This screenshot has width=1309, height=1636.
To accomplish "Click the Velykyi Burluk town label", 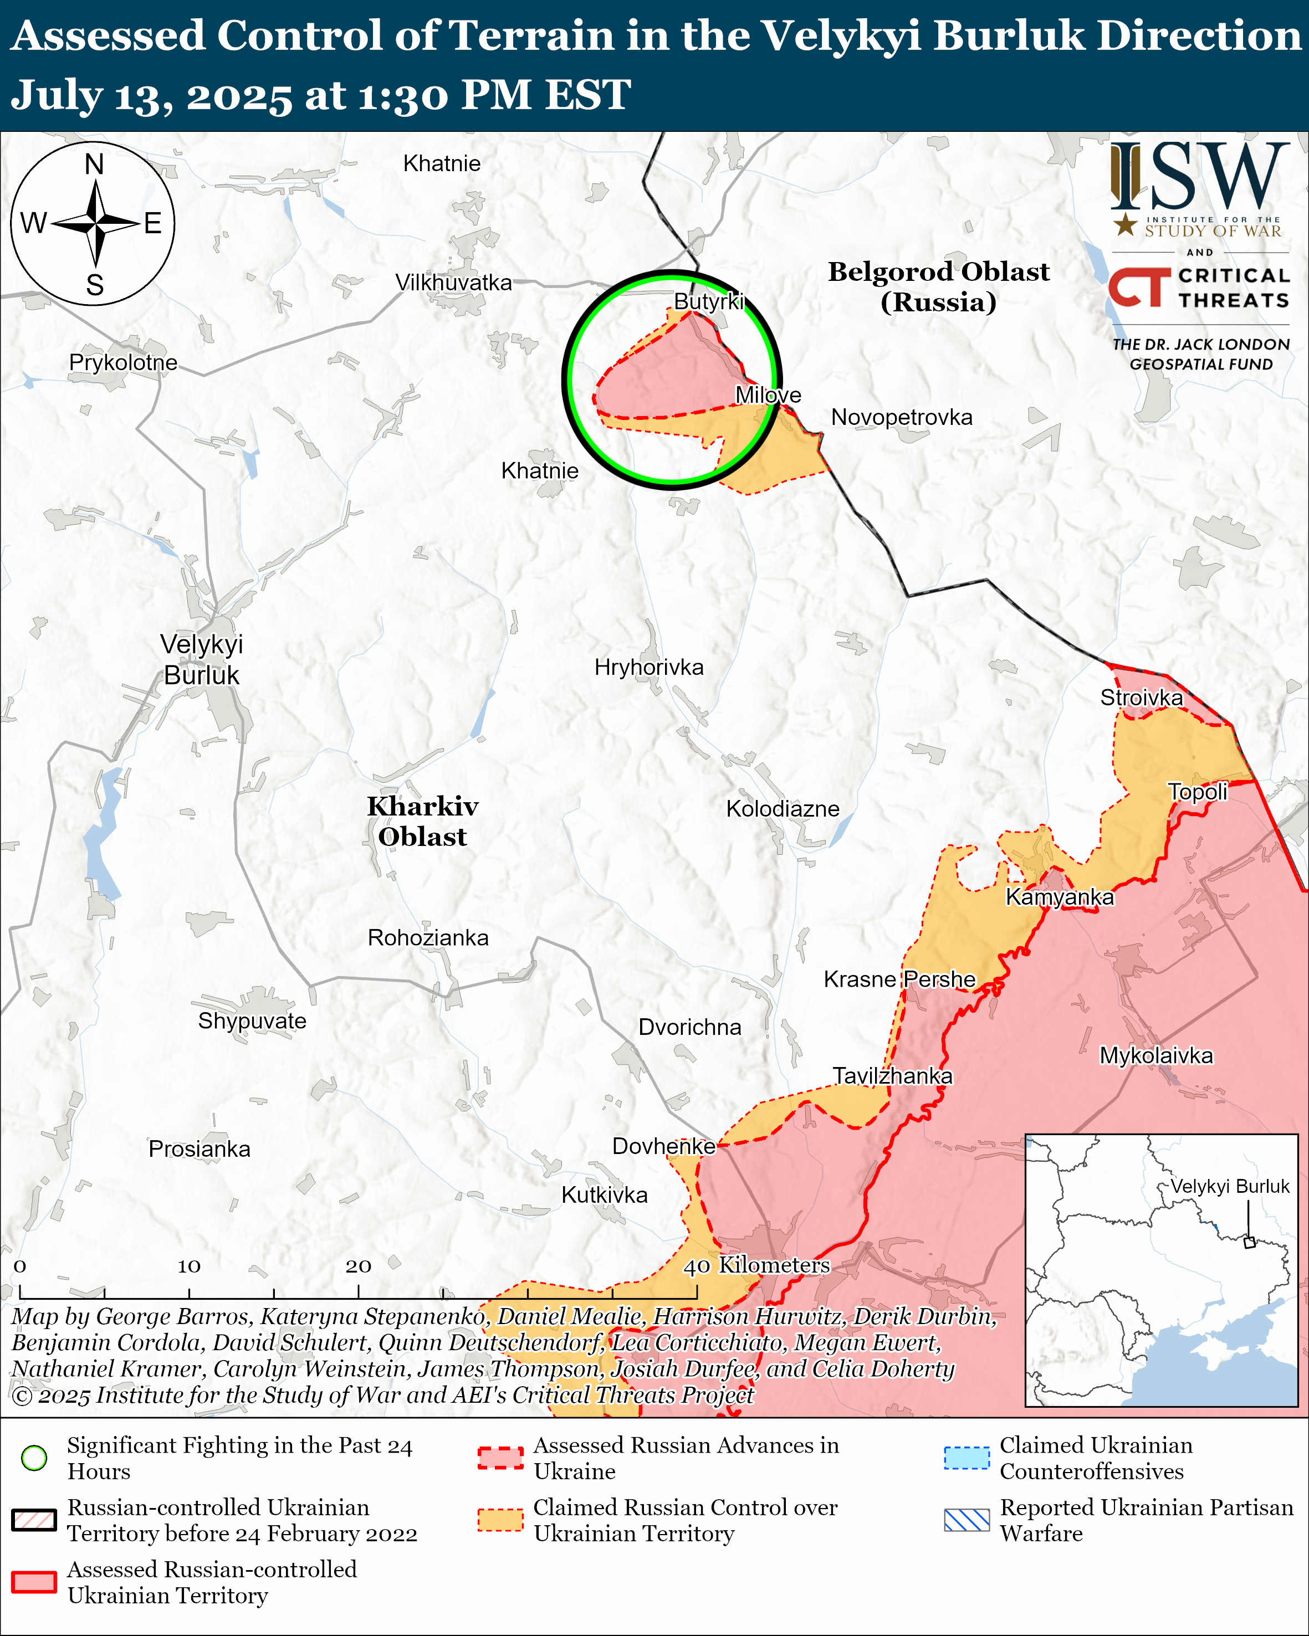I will coord(201,659).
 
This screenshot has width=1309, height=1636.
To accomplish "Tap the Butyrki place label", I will coord(708,301).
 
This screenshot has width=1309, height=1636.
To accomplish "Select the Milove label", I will coord(768,394).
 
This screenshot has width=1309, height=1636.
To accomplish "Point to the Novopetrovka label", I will coord(902,417).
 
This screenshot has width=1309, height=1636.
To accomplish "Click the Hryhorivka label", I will coord(649,667).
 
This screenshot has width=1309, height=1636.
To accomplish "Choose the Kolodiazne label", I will coord(783,808).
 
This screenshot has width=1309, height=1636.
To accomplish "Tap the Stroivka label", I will coord(1141,698).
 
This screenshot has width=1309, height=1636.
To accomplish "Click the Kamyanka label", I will coord(1060,897).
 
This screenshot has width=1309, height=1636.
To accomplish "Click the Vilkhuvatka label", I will coord(453,283).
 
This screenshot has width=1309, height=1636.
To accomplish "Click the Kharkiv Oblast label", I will coord(423,821).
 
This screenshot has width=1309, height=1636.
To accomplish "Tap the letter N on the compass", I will coord(94,164).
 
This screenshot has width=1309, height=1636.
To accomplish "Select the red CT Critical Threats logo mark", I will coord(1139,287).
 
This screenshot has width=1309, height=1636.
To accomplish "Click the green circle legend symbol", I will coord(34,1458).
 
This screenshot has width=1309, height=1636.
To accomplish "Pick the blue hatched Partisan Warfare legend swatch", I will coord(966,1520).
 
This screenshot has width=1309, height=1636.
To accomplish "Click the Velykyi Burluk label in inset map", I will coord(1229,1186).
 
